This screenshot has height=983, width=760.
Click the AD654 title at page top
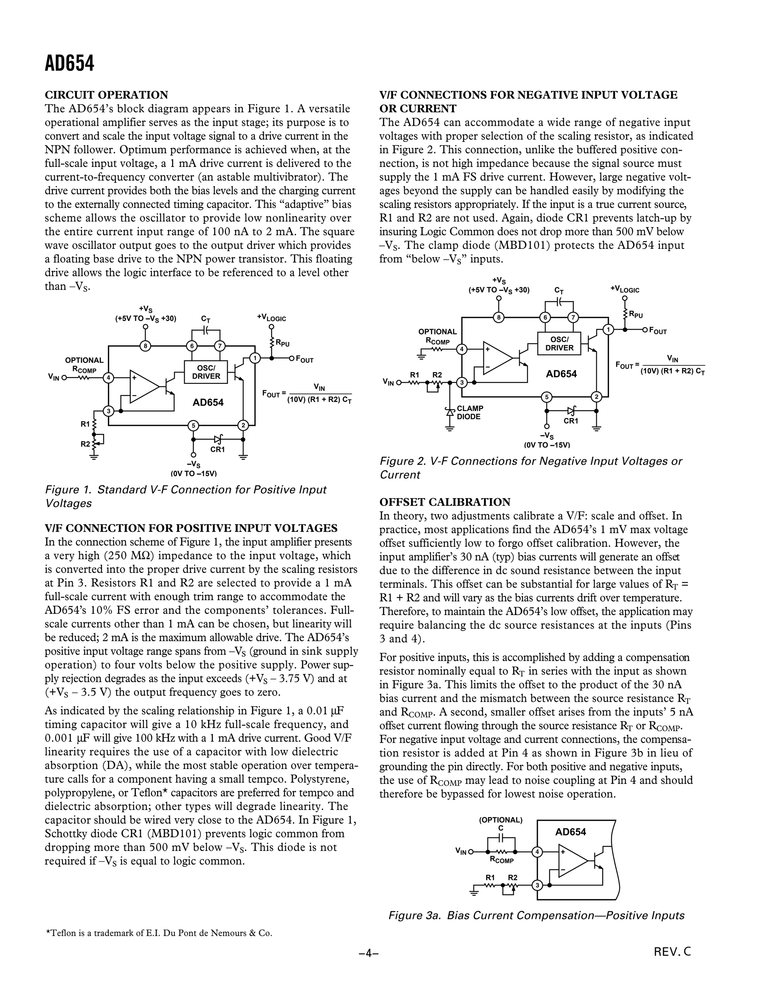click(x=69, y=64)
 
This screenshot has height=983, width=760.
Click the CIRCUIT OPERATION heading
click(x=106, y=95)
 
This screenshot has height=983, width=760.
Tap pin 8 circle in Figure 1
click(x=145, y=346)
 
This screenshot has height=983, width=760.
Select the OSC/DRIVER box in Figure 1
click(x=206, y=372)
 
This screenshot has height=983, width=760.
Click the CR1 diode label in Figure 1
click(x=217, y=449)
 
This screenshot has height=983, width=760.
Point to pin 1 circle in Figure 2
click(x=608, y=329)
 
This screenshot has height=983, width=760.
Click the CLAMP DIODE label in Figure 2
click(x=469, y=412)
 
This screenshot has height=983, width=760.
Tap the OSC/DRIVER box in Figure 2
click(x=559, y=343)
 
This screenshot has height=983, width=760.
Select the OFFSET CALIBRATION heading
click(x=445, y=502)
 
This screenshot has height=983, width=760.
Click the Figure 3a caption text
click(x=536, y=915)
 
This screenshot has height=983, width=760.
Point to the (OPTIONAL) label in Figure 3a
click(x=500, y=820)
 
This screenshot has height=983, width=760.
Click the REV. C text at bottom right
click(x=672, y=951)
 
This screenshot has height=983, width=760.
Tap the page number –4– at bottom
click(x=369, y=953)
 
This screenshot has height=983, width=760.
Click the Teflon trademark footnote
click(x=158, y=933)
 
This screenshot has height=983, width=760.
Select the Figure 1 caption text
click(x=186, y=496)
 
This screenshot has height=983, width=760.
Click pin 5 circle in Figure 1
click(x=193, y=425)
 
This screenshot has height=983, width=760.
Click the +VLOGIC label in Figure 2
click(x=625, y=289)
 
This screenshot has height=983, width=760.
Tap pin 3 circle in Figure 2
click(x=462, y=382)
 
